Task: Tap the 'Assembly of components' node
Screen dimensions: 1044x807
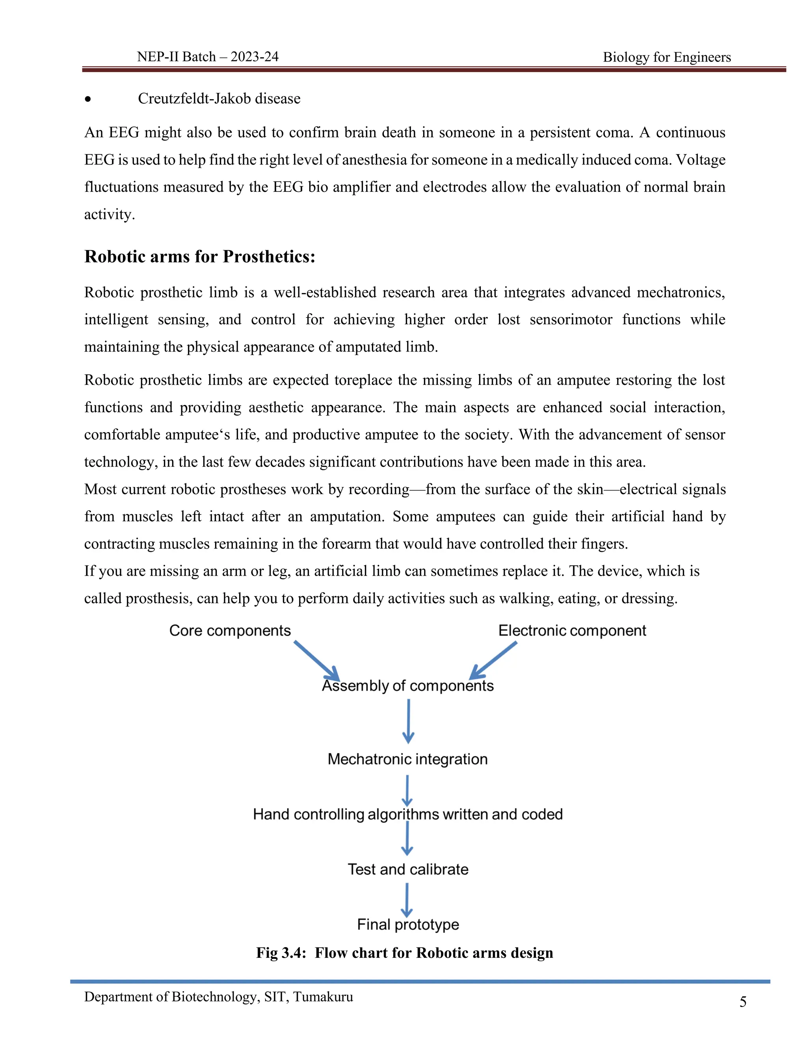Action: pyautogui.click(x=407, y=685)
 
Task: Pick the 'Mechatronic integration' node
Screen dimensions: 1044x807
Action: pyautogui.click(x=407, y=759)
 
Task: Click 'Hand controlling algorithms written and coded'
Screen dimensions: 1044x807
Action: pyautogui.click(x=407, y=814)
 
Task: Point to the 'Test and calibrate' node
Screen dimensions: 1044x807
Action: pyautogui.click(x=407, y=869)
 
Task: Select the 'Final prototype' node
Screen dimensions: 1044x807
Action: pyautogui.click(x=407, y=924)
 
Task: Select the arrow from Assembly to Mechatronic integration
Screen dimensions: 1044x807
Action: pyautogui.click(x=408, y=721)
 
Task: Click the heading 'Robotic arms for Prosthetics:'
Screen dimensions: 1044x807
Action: pyautogui.click(x=200, y=257)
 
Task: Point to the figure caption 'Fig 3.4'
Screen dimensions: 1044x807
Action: pyautogui.click(x=404, y=953)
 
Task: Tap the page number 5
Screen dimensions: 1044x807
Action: pyautogui.click(x=742, y=1002)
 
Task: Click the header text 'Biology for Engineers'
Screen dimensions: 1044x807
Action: pyautogui.click(x=666, y=58)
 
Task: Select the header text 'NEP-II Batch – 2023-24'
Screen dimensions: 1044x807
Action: pyautogui.click(x=208, y=57)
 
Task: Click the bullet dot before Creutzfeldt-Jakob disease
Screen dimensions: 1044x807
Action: pyautogui.click(x=87, y=99)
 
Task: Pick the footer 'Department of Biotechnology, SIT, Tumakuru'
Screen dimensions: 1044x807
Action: pyautogui.click(x=218, y=997)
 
